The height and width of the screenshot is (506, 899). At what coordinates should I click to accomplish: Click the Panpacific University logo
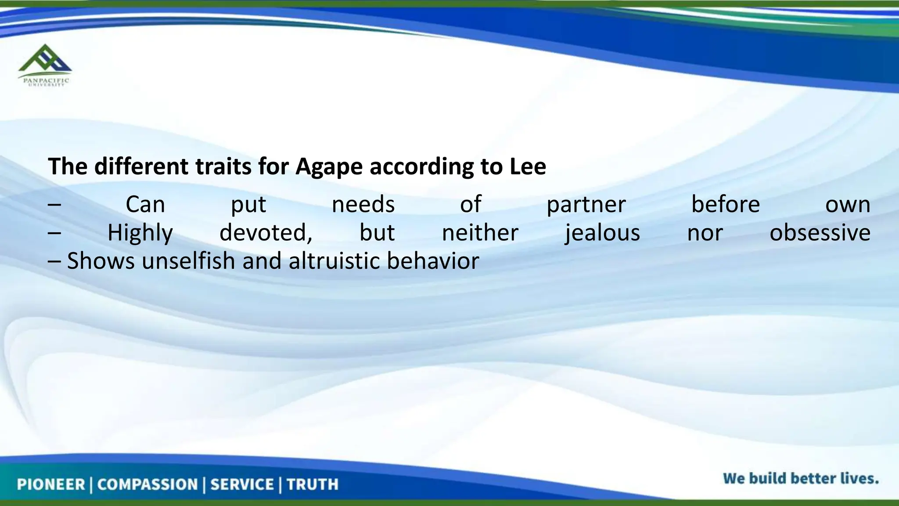tap(44, 65)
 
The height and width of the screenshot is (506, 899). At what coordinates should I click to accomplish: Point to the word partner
tap(586, 205)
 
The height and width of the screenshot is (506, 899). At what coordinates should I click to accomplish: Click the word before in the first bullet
tap(725, 205)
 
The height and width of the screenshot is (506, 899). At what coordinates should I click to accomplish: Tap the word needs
tap(363, 205)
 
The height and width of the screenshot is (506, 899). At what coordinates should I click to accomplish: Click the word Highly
tap(140, 233)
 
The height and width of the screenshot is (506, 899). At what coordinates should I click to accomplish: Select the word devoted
tap(266, 233)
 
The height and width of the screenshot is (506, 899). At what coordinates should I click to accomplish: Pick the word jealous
tap(602, 233)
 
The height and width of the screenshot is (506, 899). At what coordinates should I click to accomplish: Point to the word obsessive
tap(820, 233)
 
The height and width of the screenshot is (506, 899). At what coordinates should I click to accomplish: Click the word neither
tap(480, 233)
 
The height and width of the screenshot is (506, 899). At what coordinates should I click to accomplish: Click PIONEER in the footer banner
tap(51, 484)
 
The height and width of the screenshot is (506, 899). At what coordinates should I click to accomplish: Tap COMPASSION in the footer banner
tap(147, 484)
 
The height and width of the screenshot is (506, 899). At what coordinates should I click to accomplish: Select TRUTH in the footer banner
tap(313, 484)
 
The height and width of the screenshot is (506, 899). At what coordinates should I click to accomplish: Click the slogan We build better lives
tap(801, 478)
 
